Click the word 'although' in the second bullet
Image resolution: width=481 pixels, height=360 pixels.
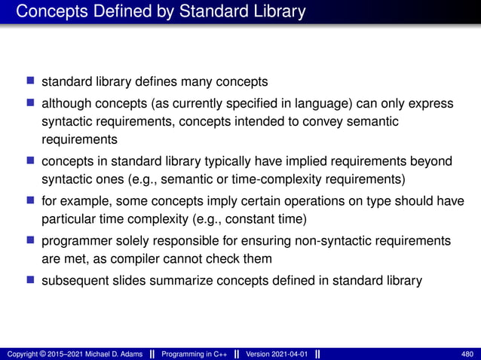pos(65,103)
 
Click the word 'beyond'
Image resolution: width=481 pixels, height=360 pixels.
pos(432,160)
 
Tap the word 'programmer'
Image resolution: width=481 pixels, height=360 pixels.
pos(75,240)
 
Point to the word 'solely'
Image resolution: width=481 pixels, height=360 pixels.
pos(130,240)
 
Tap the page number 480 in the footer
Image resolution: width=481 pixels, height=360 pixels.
pos(467,353)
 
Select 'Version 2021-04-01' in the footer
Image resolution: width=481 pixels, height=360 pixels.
pos(273,353)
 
